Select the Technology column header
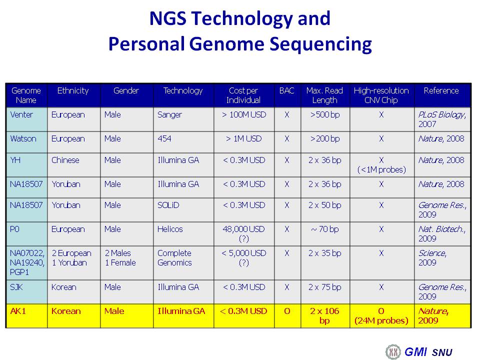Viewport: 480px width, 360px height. [183, 90]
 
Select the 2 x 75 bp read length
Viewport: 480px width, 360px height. [324, 287]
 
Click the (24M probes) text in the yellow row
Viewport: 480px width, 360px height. [381, 320]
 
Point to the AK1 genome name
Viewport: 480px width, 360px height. [18, 311]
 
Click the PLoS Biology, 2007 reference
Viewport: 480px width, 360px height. [442, 119]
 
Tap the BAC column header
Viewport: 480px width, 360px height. [287, 90]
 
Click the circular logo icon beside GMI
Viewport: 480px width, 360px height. [393, 351]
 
